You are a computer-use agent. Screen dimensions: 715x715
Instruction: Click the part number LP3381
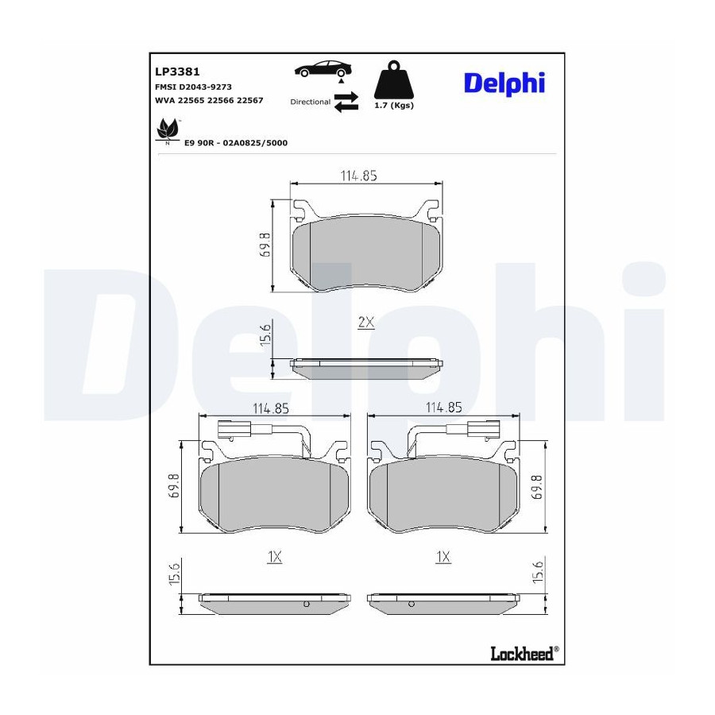pos(177,71)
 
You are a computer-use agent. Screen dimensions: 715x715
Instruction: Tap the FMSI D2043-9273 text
pos(193,87)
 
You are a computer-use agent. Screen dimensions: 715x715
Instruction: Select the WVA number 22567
pos(249,100)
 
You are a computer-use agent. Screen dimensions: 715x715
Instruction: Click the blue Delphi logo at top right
pos(504,84)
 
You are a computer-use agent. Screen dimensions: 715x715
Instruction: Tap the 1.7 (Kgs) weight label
pos(394,106)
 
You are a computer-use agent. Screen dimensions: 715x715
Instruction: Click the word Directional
pos(310,102)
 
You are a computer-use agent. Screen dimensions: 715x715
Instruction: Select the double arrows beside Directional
pos(346,102)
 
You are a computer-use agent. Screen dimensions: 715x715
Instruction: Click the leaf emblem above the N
pos(167,129)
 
